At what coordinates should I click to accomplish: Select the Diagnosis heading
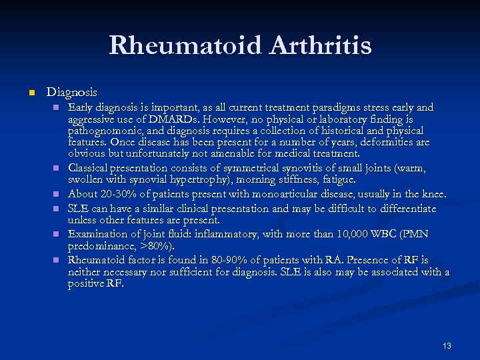coord(71,92)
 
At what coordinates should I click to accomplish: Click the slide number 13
coord(447,345)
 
